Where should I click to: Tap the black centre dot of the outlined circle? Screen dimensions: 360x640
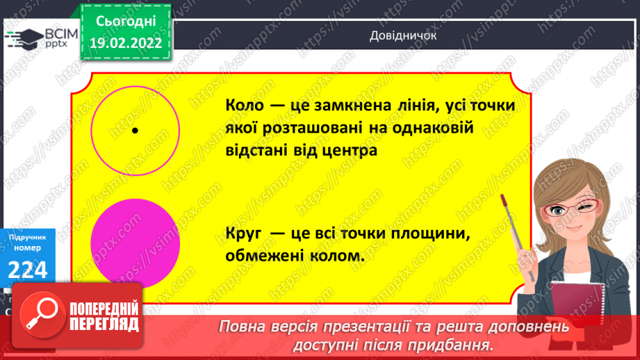(x=135, y=130)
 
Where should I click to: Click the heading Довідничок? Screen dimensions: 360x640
(x=403, y=37)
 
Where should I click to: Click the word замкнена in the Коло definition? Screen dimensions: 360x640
(x=343, y=107)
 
